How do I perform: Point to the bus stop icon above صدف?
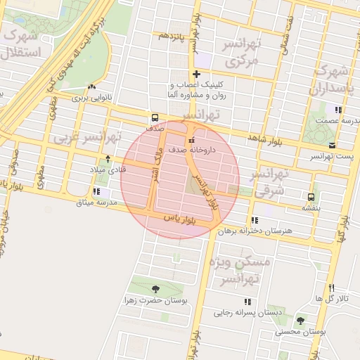(x=154, y=117)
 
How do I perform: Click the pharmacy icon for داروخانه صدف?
(x=192, y=138)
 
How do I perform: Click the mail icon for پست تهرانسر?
(x=331, y=144)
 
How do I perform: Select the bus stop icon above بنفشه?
(x=311, y=196)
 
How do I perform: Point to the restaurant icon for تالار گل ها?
(x=331, y=287)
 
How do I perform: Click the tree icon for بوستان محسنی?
(x=301, y=321)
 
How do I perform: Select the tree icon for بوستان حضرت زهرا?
(x=155, y=289)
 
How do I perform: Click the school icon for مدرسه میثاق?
(x=96, y=191)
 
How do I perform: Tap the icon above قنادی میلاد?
(x=108, y=158)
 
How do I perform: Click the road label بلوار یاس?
(x=179, y=219)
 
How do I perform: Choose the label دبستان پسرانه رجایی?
(x=245, y=312)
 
